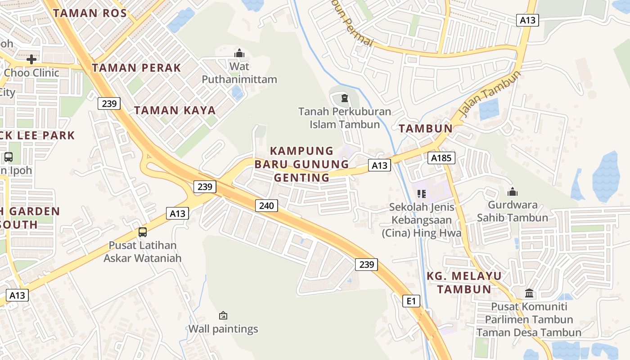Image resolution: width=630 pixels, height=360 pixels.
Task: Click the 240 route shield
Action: (x=266, y=206)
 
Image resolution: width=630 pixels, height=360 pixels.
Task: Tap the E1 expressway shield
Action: (x=411, y=301)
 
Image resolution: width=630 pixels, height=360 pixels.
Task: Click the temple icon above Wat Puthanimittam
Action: (x=239, y=53)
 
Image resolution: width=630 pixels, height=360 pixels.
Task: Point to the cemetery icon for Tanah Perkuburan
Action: (x=345, y=98)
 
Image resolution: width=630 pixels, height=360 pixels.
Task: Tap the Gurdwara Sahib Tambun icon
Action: (x=512, y=192)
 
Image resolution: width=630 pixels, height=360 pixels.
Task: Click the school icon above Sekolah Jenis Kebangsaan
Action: (x=422, y=194)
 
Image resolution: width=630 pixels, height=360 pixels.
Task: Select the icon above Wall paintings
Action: (x=223, y=315)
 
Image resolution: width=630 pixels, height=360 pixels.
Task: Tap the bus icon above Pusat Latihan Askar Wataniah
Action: (x=142, y=232)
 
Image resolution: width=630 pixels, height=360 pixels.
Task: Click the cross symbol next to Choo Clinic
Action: (x=31, y=59)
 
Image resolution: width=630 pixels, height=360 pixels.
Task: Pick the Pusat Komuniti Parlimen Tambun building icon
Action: (x=529, y=293)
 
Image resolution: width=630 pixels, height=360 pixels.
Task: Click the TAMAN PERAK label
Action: (x=136, y=68)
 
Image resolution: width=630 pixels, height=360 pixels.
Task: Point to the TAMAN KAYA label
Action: (x=175, y=110)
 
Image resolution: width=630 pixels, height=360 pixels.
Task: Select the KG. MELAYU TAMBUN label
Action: (x=464, y=282)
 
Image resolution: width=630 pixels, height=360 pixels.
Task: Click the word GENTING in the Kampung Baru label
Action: (x=301, y=178)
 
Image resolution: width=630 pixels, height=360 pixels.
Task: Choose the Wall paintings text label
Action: (x=223, y=329)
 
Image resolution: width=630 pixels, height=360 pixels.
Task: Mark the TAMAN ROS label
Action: (x=81, y=13)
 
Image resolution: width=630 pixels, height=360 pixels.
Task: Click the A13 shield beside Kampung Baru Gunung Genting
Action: (x=379, y=166)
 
